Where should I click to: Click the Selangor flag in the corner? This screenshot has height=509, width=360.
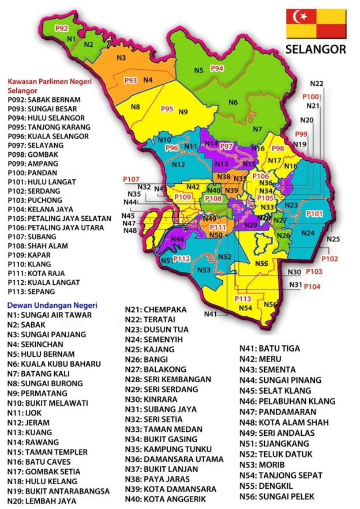point(316,24)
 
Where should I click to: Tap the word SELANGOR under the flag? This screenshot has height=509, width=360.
point(316,50)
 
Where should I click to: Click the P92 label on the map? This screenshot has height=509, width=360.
point(62,28)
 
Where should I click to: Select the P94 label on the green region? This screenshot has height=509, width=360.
point(217,68)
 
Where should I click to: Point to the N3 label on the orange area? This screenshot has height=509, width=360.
point(121,58)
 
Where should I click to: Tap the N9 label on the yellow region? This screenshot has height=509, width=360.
point(183,112)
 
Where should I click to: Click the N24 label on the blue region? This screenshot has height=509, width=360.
point(307,233)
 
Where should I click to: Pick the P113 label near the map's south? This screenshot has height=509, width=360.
point(242,299)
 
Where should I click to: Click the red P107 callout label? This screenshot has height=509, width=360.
point(132,179)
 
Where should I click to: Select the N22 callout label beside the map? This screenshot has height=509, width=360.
point(317,84)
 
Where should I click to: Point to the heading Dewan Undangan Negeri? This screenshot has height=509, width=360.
point(52,304)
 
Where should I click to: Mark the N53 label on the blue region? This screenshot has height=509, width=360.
point(204,270)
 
